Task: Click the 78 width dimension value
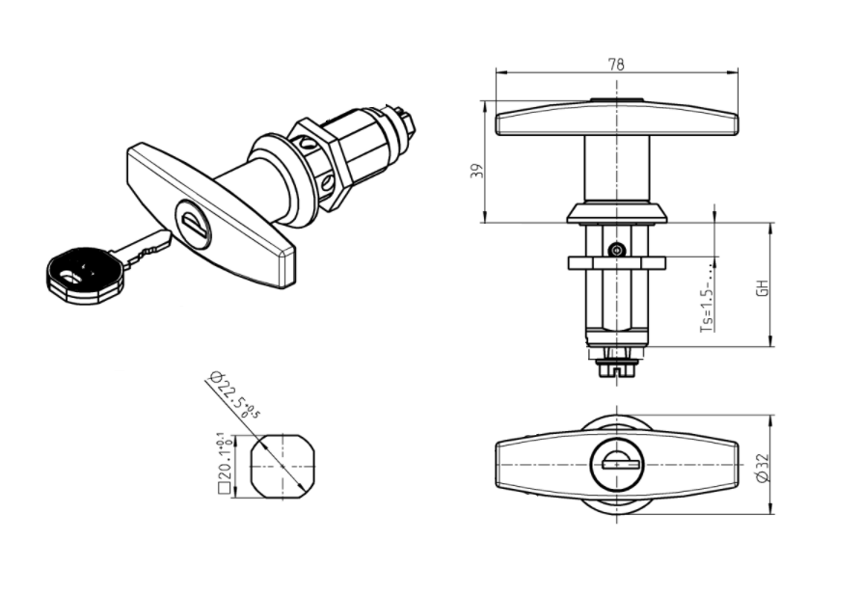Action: pyautogui.click(x=616, y=65)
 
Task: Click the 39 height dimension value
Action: pyautogui.click(x=474, y=171)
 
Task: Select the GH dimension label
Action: pyautogui.click(x=761, y=286)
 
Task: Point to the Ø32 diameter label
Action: pyautogui.click(x=761, y=468)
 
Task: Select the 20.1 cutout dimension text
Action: pyautogui.click(x=222, y=463)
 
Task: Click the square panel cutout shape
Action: pyautogui.click(x=282, y=466)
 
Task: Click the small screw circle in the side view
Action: pyautogui.click(x=617, y=250)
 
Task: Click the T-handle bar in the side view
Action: pyautogui.click(x=617, y=119)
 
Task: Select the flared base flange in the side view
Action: pyautogui.click(x=617, y=212)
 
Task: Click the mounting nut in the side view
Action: pyautogui.click(x=617, y=263)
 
